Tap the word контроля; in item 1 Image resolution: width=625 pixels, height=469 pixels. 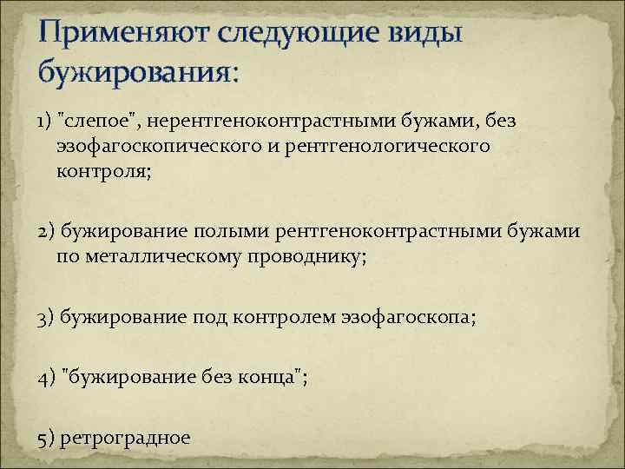103,170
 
